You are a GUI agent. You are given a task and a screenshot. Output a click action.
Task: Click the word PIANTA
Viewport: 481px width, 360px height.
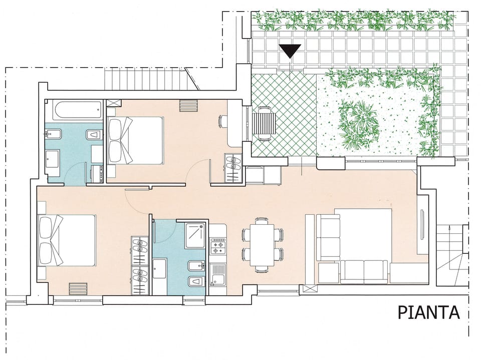point(428,312)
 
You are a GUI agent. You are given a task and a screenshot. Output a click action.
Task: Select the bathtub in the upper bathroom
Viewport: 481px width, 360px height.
point(78,110)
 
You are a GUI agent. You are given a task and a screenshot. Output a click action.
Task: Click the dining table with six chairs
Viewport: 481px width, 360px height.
point(262,245)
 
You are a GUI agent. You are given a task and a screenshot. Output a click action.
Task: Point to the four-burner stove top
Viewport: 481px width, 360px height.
point(218,246)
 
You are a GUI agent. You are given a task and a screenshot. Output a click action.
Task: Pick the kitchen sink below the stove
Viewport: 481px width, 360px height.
point(218,275)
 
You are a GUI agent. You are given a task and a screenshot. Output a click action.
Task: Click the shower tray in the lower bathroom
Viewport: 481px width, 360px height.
point(195,235)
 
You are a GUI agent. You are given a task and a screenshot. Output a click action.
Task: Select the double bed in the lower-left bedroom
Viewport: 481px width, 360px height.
point(67,240)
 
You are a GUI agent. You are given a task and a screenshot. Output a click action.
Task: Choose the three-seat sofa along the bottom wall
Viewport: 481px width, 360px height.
point(364,272)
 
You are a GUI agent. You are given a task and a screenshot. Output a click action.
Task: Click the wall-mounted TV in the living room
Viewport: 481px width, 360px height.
point(422,225)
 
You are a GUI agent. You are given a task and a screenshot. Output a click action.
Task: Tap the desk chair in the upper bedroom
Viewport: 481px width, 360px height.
point(222,121)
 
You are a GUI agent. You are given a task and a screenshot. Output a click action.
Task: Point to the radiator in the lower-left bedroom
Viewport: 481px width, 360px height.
point(78,289)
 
